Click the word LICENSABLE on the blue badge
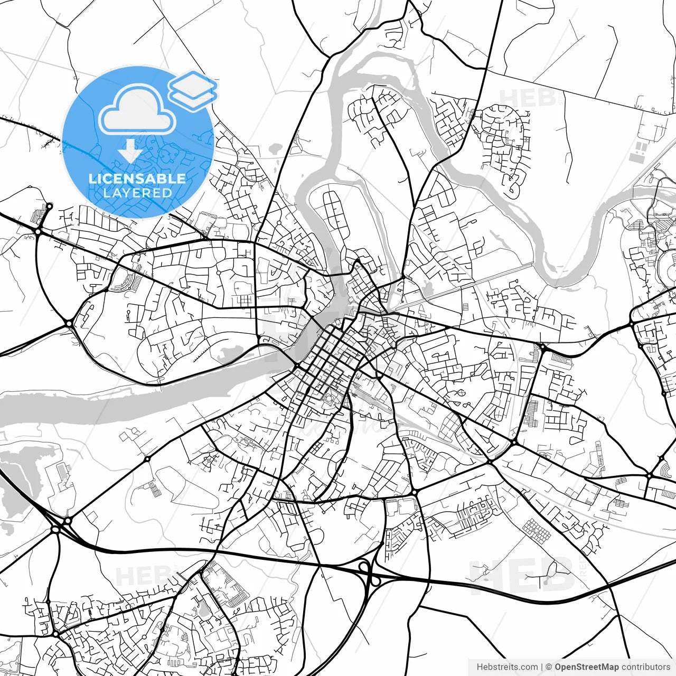[137, 179]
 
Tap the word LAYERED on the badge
[137, 193]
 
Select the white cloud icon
[137, 111]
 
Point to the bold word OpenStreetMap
[587, 666]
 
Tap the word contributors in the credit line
[646, 666]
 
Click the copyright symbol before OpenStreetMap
[549, 666]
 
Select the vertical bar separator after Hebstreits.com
[542, 666]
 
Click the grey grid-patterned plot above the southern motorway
[537, 530]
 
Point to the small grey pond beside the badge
[274, 150]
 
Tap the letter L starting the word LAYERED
[106, 193]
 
